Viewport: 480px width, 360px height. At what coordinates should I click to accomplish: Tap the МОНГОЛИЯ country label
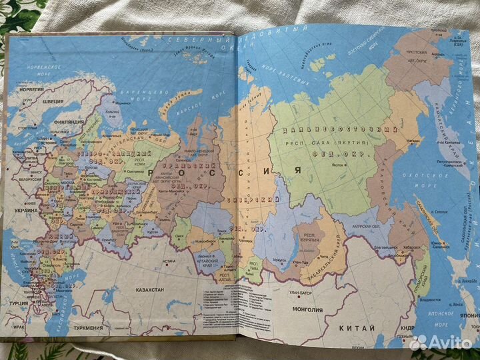click(303, 309)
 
